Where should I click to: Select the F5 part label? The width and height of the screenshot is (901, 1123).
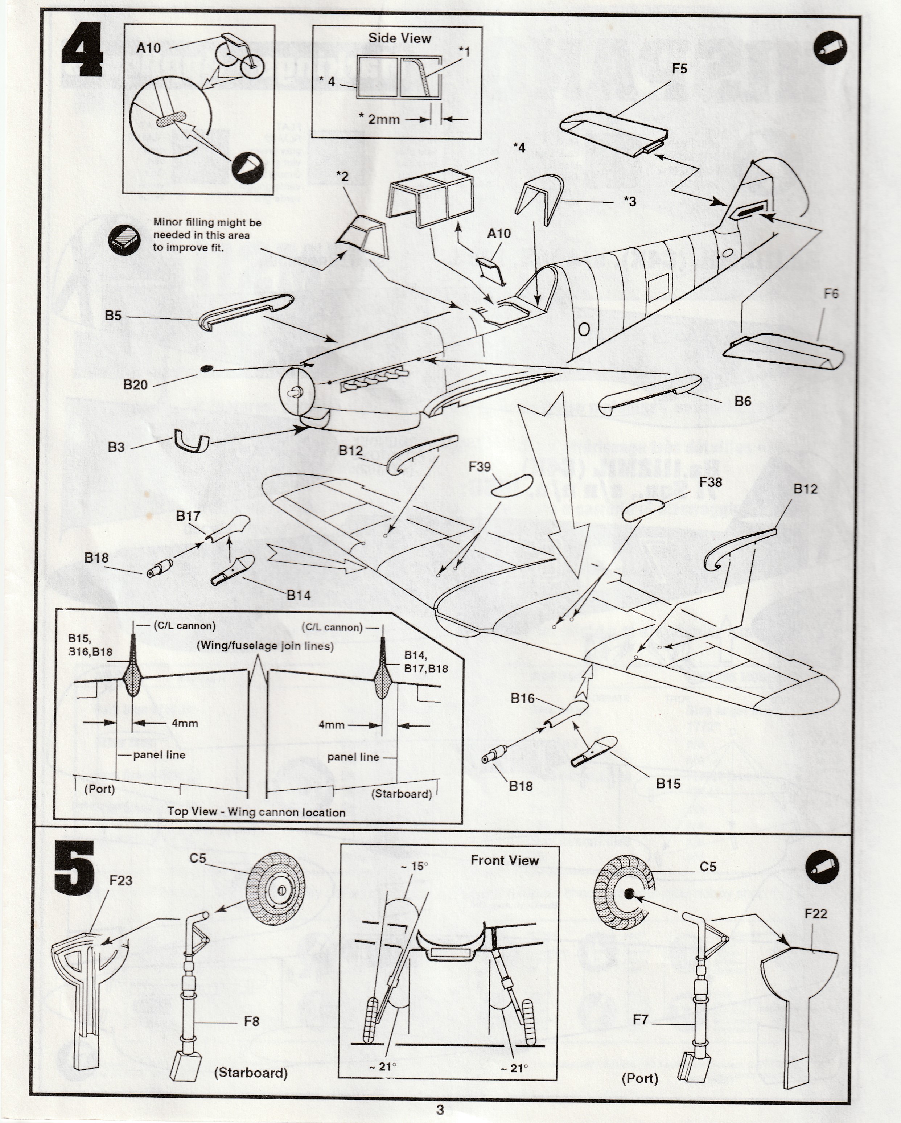[x=679, y=69]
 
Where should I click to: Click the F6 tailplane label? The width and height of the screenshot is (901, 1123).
[x=831, y=294]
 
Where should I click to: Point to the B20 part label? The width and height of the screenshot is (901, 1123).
[x=135, y=384]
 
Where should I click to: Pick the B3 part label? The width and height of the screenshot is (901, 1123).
[x=116, y=447]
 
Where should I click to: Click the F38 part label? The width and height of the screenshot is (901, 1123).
[x=710, y=482]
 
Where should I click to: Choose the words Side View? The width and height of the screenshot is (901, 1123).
[x=399, y=38]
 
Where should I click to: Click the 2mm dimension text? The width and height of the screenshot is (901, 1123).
[x=384, y=119]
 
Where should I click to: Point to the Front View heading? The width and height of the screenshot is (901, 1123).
[x=504, y=860]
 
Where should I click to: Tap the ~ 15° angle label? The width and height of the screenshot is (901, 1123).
[x=415, y=866]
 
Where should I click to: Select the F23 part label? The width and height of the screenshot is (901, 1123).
[x=121, y=880]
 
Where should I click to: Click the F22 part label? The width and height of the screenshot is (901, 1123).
[x=816, y=914]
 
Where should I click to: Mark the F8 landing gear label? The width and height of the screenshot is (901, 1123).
[x=252, y=1021]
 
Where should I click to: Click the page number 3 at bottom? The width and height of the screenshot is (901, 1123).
[x=440, y=1110]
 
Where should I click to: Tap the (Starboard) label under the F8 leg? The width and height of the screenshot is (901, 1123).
[x=251, y=1073]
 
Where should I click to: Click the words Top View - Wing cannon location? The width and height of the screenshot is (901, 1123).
[x=256, y=812]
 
